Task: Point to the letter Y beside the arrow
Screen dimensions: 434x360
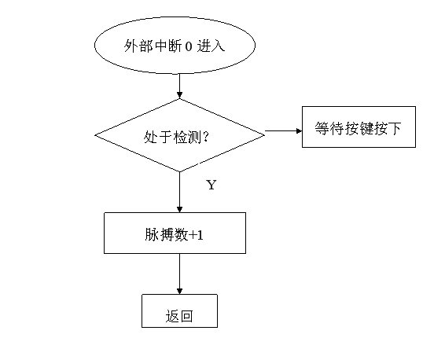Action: pos(211,185)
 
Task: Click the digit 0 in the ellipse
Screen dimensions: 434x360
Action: pos(188,46)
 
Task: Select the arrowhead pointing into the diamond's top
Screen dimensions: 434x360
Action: pos(179,95)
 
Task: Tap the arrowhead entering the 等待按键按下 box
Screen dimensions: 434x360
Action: pos(299,131)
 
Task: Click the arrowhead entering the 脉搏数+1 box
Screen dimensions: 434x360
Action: pos(179,209)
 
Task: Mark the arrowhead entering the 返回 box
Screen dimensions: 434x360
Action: pos(179,291)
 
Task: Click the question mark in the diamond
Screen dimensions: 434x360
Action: pos(205,137)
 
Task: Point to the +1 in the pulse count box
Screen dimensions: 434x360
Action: pos(196,235)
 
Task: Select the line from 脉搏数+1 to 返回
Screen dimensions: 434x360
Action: pos(179,274)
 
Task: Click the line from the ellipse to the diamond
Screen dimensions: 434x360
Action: pos(179,86)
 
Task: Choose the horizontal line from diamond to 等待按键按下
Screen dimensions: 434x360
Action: pos(283,131)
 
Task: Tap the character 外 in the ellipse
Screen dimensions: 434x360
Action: pos(131,46)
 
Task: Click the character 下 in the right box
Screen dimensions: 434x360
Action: pos(393,128)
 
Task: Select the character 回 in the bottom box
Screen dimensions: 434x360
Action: pos(186,316)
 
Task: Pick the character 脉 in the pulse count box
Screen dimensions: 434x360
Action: pos(152,235)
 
